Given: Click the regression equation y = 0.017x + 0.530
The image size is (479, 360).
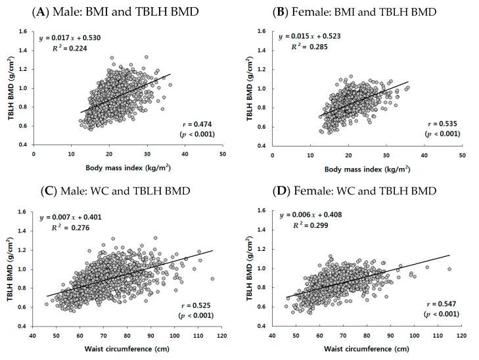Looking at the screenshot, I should point(69,38).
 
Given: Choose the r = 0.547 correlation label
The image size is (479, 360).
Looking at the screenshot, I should point(436,303).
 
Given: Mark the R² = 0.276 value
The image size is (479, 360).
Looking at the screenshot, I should point(69,227).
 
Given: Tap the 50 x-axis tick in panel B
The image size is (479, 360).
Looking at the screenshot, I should point(462,156).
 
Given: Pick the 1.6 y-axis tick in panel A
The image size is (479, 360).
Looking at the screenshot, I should point(23,31).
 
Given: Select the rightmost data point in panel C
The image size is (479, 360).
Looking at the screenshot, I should point(212,279).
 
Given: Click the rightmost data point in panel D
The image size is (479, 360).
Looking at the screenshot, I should point(449,269).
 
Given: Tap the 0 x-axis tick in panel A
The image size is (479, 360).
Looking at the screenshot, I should point(34,156).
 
